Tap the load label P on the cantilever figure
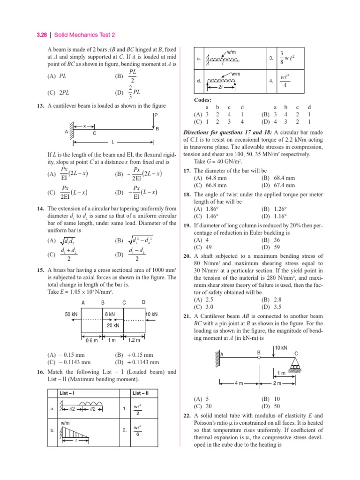(155, 115)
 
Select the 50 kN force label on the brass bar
(71, 314)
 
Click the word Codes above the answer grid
(202, 100)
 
